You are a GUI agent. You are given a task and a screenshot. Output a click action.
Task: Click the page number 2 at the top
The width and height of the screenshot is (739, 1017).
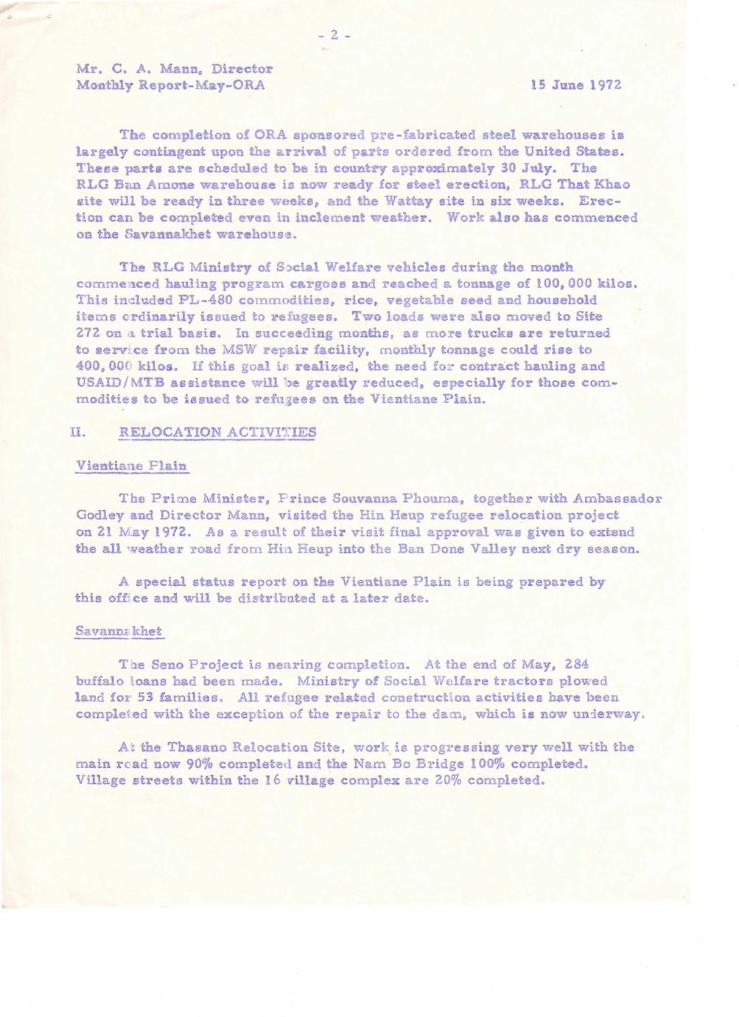[x=333, y=35]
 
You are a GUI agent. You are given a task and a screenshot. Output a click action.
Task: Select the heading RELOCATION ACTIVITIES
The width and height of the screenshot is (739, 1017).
[x=217, y=433]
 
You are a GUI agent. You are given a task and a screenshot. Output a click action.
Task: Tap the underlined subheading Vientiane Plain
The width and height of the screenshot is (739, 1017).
[x=132, y=466]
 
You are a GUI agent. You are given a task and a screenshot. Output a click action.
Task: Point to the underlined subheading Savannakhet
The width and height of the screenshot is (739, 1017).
[x=119, y=632]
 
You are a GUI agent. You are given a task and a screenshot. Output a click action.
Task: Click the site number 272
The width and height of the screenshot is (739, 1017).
[x=90, y=333]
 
